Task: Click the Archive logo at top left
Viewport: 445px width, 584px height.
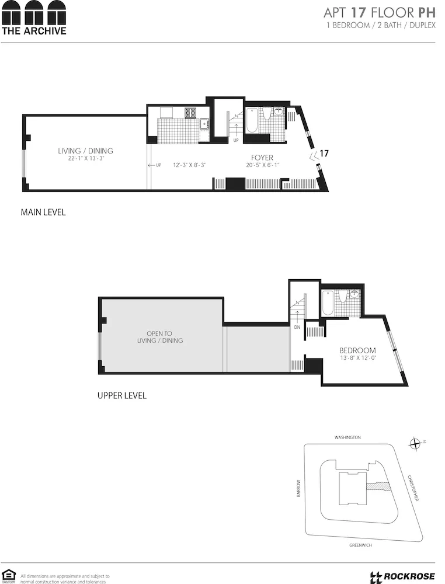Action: pos(33,18)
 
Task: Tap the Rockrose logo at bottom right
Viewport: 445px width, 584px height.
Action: pos(402,577)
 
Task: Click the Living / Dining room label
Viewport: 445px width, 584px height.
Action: pos(85,151)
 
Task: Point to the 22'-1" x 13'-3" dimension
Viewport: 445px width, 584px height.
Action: pos(85,158)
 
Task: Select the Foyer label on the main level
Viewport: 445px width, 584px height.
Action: pos(262,158)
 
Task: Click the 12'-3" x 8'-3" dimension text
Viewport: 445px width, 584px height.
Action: pos(189,165)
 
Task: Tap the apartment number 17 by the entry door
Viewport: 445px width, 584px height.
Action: pos(325,154)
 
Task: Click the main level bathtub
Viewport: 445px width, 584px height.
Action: pos(251,119)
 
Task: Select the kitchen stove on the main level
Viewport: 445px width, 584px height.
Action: pos(191,113)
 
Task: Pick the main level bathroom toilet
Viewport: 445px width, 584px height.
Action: pos(267,113)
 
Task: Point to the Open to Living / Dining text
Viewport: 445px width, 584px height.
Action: pos(160,337)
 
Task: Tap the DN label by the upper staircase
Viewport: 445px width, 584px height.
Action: pos(297,328)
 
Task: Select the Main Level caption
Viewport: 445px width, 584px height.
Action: pos(43,213)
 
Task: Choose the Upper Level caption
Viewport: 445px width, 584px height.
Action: pos(121,396)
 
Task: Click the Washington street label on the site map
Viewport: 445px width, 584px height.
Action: pos(347,437)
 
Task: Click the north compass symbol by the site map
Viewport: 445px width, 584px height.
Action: pos(416,444)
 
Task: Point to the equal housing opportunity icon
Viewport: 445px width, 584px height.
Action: pos(8,576)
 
